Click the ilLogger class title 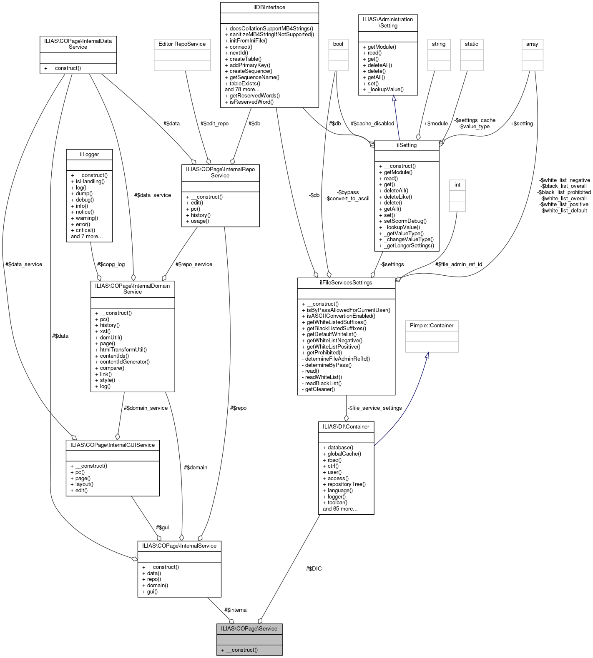click(x=89, y=155)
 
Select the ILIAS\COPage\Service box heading click(x=249, y=628)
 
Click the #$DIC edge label click(x=314, y=568)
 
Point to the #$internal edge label click(x=236, y=610)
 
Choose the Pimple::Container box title click(x=432, y=325)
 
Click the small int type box click(x=457, y=185)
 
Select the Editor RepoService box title click(x=181, y=44)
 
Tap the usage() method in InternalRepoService click(x=200, y=221)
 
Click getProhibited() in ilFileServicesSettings click(x=324, y=352)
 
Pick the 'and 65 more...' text click(x=340, y=508)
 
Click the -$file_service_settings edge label click(x=374, y=408)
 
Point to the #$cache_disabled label click(x=372, y=123)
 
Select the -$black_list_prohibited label click(x=564, y=192)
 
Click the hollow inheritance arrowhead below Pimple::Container click(x=426, y=355)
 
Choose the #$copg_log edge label click(x=111, y=264)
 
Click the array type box click(x=532, y=44)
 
